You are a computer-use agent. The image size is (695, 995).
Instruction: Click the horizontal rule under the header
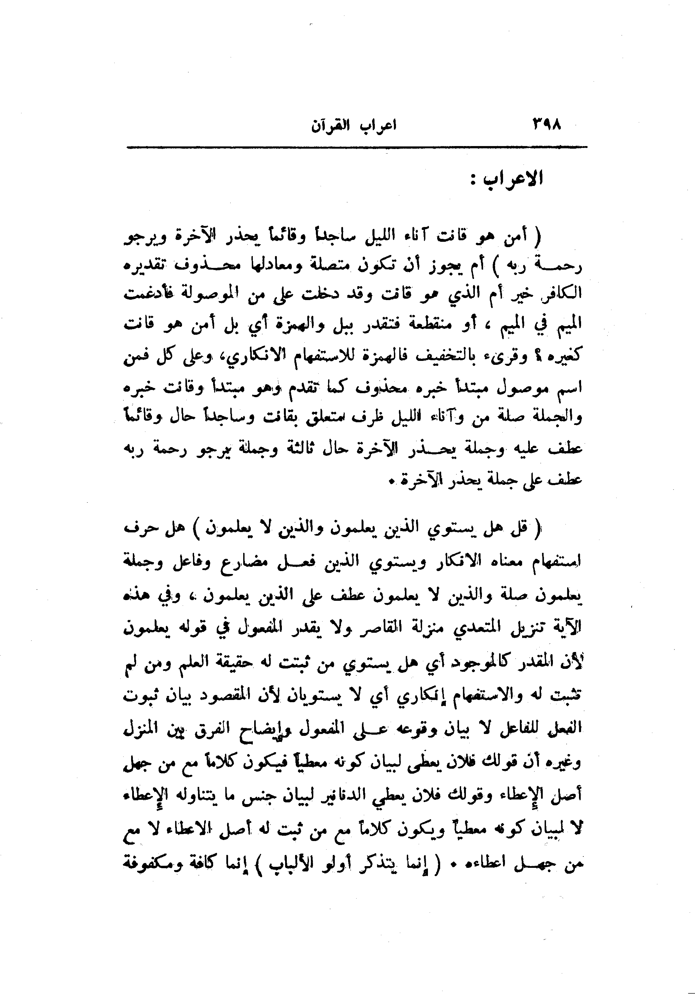[356, 148]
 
